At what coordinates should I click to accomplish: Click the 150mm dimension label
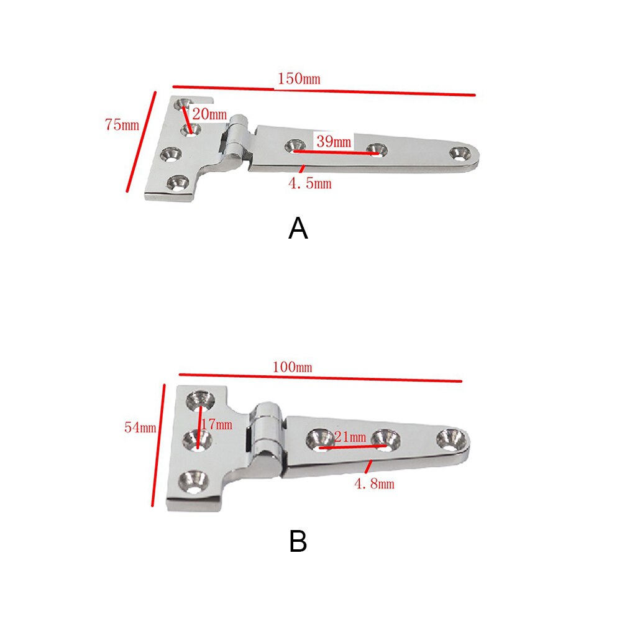pyautogui.click(x=299, y=79)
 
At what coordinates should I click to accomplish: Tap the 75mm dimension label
pyautogui.click(x=122, y=124)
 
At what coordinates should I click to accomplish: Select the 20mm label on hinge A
pyautogui.click(x=209, y=114)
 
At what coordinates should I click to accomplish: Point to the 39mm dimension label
pyautogui.click(x=334, y=142)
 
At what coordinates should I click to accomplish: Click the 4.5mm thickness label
pyautogui.click(x=308, y=183)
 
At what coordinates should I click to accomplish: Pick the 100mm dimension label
pyautogui.click(x=292, y=367)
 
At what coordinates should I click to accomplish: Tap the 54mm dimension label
pyautogui.click(x=140, y=428)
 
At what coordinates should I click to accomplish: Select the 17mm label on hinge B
pyautogui.click(x=217, y=425)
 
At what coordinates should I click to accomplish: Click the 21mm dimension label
pyautogui.click(x=350, y=437)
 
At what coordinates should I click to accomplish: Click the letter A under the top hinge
pyautogui.click(x=298, y=229)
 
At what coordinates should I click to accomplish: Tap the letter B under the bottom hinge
pyautogui.click(x=298, y=542)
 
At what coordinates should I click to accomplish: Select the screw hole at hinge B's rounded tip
pyautogui.click(x=450, y=439)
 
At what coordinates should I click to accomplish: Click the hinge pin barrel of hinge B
pyautogui.click(x=265, y=435)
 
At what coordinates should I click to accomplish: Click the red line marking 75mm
pyautogui.click(x=141, y=142)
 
